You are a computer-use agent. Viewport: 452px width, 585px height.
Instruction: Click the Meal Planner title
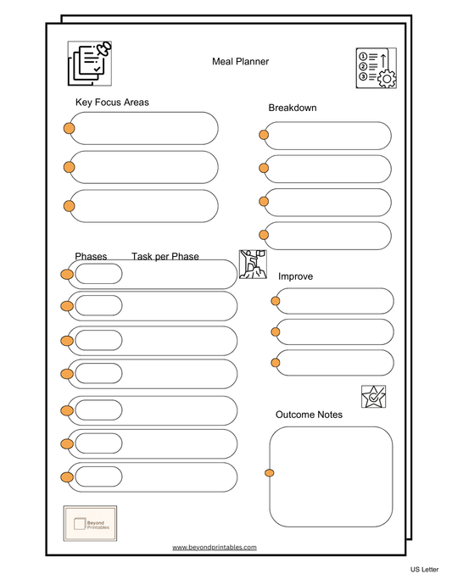tap(240, 61)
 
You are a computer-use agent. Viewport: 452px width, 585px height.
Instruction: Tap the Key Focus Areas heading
tap(112, 103)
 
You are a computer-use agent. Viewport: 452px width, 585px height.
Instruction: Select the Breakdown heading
tap(293, 108)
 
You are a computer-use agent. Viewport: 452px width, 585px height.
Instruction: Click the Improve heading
tap(295, 276)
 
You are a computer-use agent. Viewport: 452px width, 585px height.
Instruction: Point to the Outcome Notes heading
tap(309, 415)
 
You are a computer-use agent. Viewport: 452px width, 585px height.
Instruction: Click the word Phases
tap(91, 256)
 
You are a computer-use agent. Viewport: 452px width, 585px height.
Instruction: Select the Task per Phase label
tap(165, 256)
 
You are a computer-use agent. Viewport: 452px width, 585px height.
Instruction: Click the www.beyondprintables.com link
tap(214, 548)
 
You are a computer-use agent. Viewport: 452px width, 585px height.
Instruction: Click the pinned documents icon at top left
tap(90, 64)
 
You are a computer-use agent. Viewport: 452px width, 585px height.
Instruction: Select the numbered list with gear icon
tap(375, 68)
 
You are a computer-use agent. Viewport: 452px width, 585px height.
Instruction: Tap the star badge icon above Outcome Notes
tap(373, 397)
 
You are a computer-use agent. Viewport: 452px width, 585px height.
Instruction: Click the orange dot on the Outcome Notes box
tap(270, 473)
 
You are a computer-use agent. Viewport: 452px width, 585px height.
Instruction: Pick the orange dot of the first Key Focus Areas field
tap(69, 128)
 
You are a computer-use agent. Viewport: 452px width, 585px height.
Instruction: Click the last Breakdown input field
tap(329, 236)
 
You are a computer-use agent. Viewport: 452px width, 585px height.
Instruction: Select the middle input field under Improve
tap(334, 331)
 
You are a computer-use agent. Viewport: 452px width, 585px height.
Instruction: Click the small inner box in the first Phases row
tap(98, 274)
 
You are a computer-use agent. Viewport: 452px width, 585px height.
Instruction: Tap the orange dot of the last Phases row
tap(67, 477)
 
